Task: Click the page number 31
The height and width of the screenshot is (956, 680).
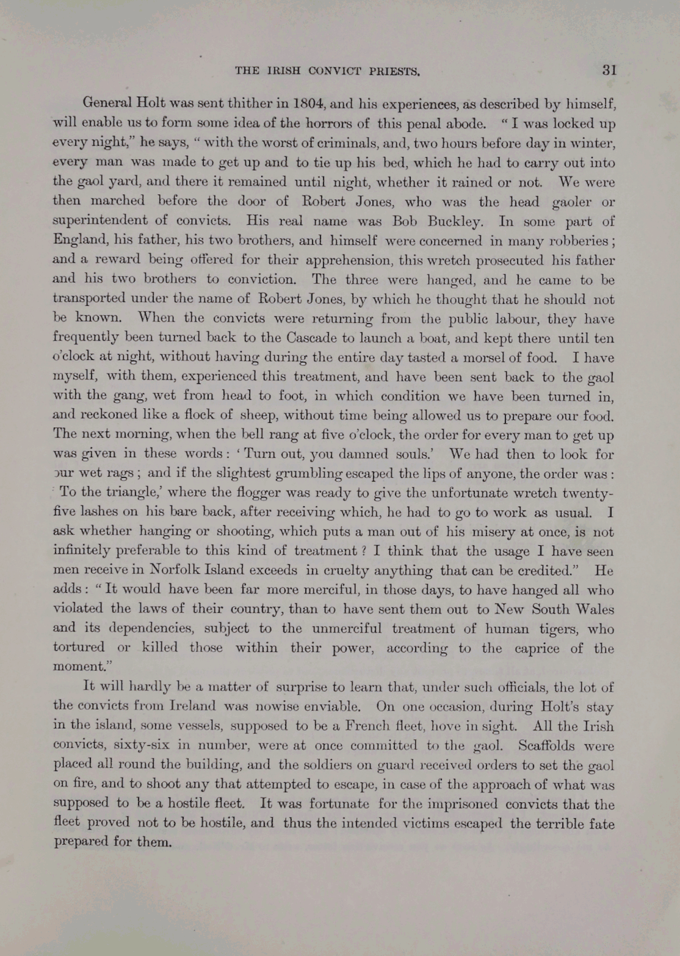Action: point(609,70)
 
